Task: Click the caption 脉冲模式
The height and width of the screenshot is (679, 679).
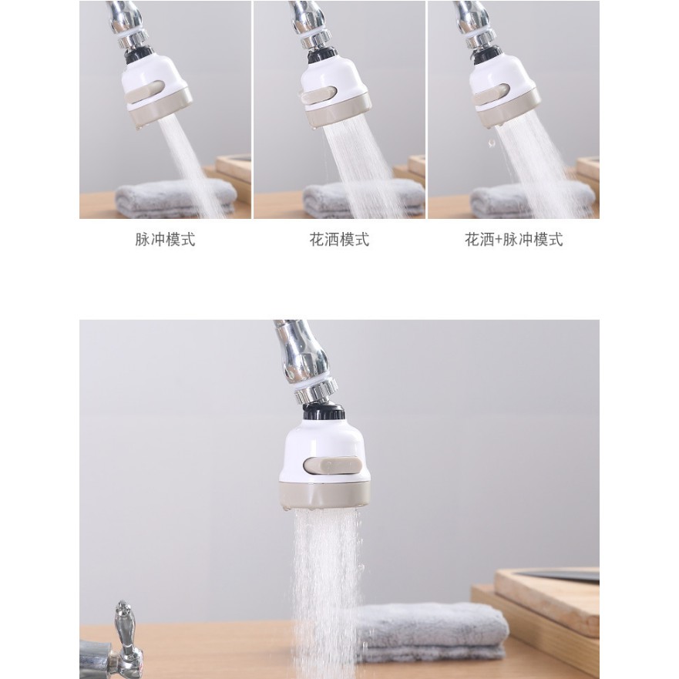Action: [165, 240]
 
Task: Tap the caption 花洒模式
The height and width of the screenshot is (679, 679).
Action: [339, 240]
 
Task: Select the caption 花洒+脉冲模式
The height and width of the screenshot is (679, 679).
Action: [513, 240]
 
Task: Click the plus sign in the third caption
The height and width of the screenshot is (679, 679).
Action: [499, 240]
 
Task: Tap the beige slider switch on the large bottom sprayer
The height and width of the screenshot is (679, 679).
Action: [333, 466]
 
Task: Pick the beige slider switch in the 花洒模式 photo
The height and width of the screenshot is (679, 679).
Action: [319, 95]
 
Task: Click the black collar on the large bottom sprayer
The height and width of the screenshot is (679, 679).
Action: [324, 412]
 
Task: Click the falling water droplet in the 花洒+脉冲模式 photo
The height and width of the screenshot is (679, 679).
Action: [491, 143]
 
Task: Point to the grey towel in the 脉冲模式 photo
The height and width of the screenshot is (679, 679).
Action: [176, 198]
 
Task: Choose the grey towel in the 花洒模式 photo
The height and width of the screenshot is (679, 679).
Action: [363, 199]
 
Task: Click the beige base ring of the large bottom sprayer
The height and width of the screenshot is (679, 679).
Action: [324, 495]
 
